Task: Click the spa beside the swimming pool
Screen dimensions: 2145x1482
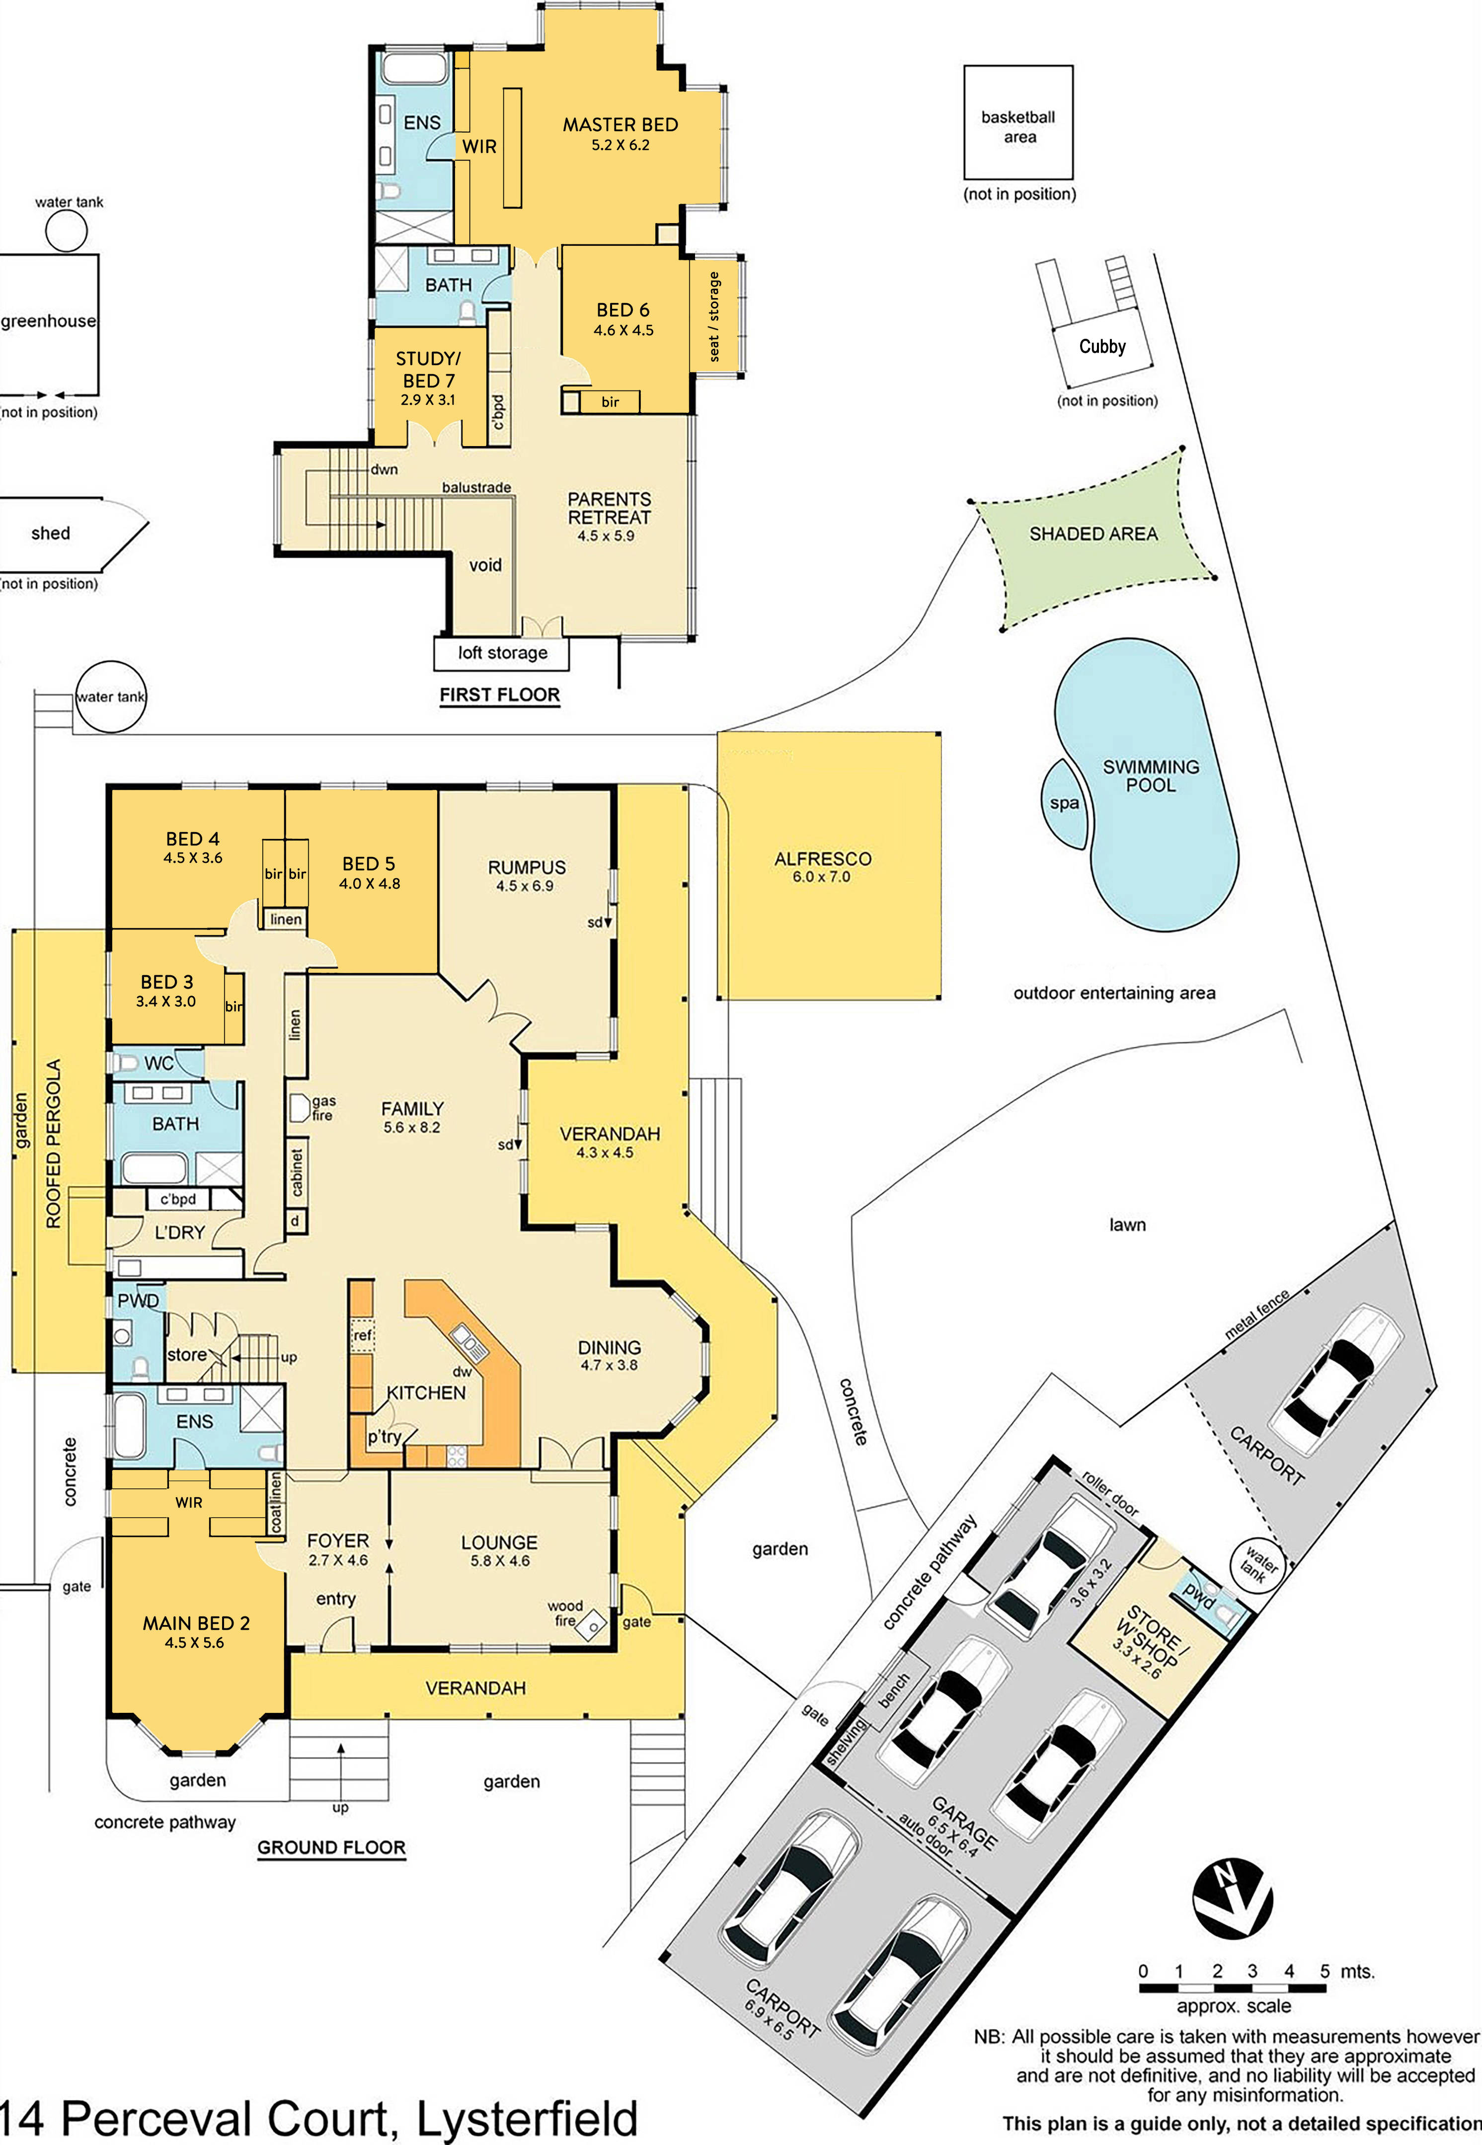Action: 1064,803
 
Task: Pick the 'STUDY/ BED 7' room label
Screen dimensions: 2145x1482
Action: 428,370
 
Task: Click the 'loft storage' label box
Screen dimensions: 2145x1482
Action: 501,653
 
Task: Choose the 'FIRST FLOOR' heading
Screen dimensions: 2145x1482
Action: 500,694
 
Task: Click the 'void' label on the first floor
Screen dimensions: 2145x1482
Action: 485,565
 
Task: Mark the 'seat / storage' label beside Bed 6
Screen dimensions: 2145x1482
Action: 714,316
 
